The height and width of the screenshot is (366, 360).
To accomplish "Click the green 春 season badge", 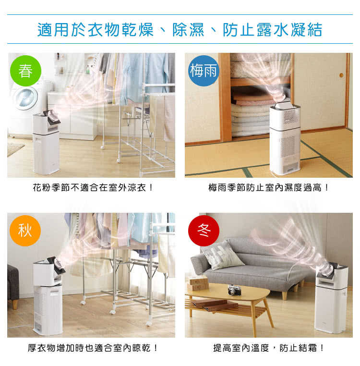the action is (x=25, y=71).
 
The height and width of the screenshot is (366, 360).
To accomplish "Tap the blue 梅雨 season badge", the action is (x=204, y=71).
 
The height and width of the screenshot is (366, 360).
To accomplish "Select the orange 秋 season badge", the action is (x=25, y=231).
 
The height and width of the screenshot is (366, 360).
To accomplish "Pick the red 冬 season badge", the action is (x=204, y=231).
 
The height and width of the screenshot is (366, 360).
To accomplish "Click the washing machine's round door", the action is (x=25, y=98).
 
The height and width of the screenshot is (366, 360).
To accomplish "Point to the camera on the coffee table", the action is (x=234, y=290).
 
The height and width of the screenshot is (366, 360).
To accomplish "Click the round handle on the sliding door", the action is (x=341, y=75).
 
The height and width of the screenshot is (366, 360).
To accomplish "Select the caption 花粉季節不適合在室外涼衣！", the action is (x=93, y=187).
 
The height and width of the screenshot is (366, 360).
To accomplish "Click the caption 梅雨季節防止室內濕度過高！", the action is (x=268, y=187).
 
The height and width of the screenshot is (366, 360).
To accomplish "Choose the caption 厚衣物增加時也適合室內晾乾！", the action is (x=93, y=348).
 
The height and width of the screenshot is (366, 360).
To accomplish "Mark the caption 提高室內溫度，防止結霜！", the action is (x=268, y=348).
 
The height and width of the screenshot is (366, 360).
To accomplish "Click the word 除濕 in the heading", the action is (x=188, y=30).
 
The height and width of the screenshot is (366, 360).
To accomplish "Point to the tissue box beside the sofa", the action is (x=198, y=282).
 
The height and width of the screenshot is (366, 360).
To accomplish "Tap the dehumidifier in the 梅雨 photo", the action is (x=285, y=138).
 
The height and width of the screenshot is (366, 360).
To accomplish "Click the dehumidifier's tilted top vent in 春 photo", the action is (x=54, y=118).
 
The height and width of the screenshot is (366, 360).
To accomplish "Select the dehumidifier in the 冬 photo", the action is (x=331, y=298).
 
